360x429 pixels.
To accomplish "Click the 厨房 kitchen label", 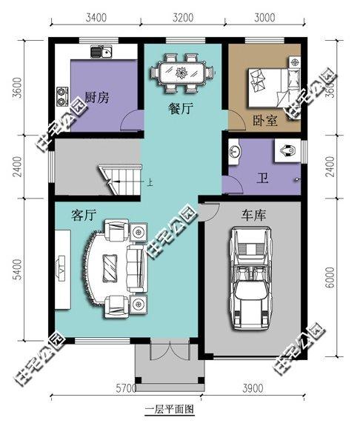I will (x=99, y=99).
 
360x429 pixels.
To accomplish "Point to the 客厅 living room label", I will (x=84, y=216).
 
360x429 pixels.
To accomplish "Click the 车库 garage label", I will (x=254, y=216).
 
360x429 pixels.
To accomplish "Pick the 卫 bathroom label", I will (x=262, y=178).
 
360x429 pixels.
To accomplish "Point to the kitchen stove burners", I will (x=62, y=95).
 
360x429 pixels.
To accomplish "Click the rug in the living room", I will (x=110, y=265).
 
